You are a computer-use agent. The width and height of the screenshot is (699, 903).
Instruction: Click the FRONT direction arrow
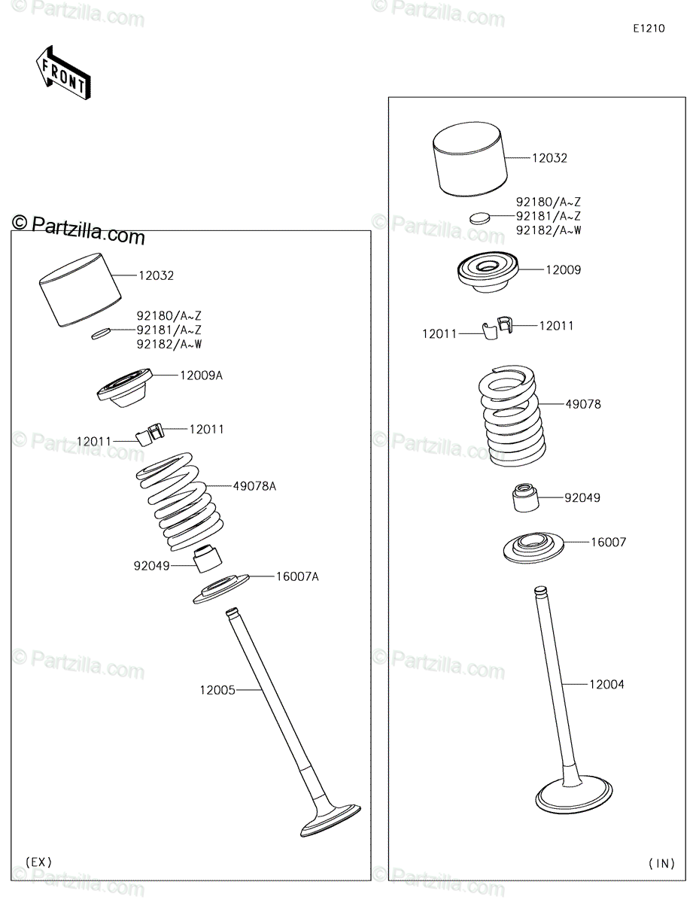click(63, 73)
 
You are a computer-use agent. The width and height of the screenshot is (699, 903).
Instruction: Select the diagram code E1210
click(649, 29)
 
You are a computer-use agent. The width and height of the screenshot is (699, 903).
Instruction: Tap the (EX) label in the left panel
click(39, 862)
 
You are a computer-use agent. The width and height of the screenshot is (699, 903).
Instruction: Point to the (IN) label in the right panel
click(661, 864)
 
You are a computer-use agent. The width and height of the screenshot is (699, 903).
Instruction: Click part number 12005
click(217, 690)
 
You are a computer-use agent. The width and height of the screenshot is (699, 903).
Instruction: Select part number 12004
click(606, 684)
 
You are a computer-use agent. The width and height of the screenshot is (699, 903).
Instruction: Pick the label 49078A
click(254, 486)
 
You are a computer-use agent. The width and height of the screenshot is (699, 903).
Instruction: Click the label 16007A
click(297, 576)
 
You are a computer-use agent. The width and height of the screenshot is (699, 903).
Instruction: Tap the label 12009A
click(201, 375)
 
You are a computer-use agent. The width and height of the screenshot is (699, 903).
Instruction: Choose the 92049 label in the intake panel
click(582, 497)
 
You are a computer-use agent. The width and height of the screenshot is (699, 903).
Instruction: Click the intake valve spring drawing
click(512, 415)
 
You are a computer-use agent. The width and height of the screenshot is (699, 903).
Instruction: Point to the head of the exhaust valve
click(330, 820)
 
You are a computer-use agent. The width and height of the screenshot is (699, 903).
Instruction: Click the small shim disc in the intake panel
click(480, 217)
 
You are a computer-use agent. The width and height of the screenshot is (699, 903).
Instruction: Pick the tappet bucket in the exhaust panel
click(81, 290)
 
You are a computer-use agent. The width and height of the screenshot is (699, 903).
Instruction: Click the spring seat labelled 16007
click(533, 547)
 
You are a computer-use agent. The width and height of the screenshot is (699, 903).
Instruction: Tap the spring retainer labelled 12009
click(488, 271)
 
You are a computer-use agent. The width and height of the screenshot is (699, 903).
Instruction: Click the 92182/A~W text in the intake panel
click(549, 230)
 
